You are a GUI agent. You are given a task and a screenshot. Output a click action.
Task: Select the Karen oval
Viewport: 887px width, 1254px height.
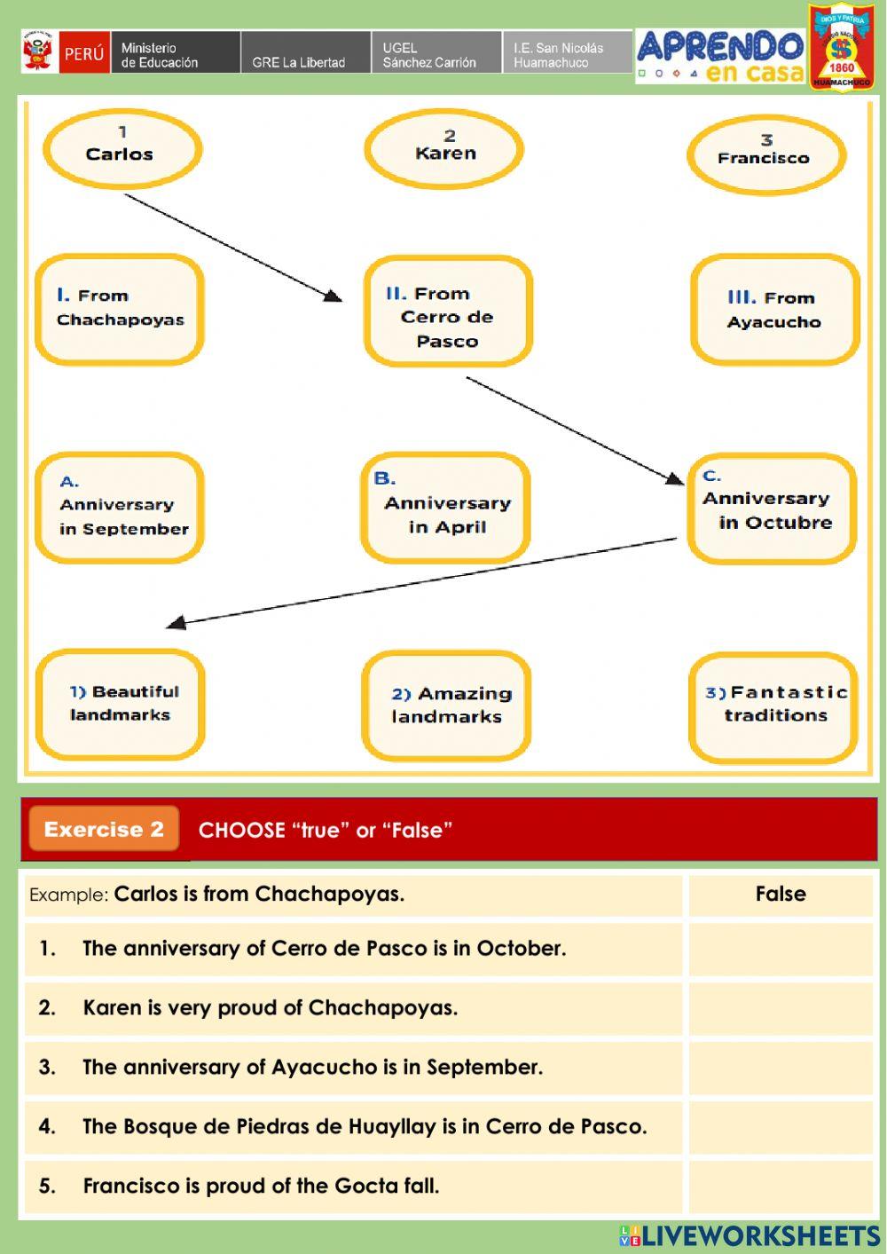(444, 147)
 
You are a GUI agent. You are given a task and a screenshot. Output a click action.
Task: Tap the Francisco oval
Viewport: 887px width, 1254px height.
(765, 154)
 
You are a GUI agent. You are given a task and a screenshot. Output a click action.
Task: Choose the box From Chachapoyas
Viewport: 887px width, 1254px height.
(120, 309)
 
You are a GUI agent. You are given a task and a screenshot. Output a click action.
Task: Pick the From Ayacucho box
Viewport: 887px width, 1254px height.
(774, 310)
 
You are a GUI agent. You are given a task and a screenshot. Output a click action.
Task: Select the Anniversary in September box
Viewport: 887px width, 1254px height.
(120, 508)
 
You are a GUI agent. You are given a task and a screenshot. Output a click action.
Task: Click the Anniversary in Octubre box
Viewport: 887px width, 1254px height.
(772, 509)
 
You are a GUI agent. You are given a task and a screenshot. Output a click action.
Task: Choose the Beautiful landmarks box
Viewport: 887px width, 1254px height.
(121, 705)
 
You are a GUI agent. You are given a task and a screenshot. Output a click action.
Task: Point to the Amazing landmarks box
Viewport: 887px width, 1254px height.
(446, 706)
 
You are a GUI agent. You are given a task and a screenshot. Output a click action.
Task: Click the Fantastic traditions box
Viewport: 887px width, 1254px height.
(773, 706)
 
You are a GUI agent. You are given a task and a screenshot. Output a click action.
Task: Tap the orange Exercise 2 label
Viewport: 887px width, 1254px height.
(104, 830)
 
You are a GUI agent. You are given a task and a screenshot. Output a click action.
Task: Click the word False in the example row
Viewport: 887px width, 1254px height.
(781, 894)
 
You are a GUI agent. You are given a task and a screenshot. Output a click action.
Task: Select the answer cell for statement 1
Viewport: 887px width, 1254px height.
(781, 949)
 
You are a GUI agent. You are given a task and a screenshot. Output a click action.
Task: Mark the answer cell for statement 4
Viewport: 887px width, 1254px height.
(781, 1127)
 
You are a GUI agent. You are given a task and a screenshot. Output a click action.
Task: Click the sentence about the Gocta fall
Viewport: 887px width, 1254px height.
(261, 1186)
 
